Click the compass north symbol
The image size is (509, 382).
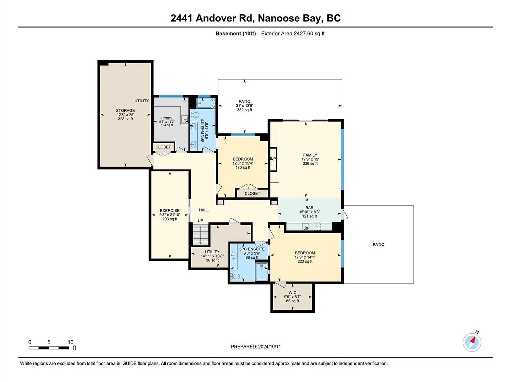click(x=472, y=342)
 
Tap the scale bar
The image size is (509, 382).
click(x=49, y=348)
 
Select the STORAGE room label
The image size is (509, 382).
click(x=126, y=111)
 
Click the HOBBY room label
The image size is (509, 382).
click(x=167, y=118)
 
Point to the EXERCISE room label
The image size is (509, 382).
click(x=170, y=211)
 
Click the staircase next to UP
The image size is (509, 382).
click(x=201, y=233)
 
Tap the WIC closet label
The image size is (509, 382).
click(x=292, y=293)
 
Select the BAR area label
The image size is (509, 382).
click(x=309, y=208)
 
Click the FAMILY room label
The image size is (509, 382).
click(x=310, y=155)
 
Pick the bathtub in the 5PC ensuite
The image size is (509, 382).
click(x=206, y=103)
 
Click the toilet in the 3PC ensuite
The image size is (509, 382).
click(x=236, y=276)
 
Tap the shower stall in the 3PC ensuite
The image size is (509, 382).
click(x=261, y=271)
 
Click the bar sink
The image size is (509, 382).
click(x=306, y=226)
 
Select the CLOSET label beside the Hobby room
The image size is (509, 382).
click(x=163, y=147)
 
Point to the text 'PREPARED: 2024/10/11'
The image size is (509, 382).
click(x=256, y=347)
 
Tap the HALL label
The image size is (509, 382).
click(x=203, y=210)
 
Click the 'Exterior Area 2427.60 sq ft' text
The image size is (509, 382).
click(x=293, y=33)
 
